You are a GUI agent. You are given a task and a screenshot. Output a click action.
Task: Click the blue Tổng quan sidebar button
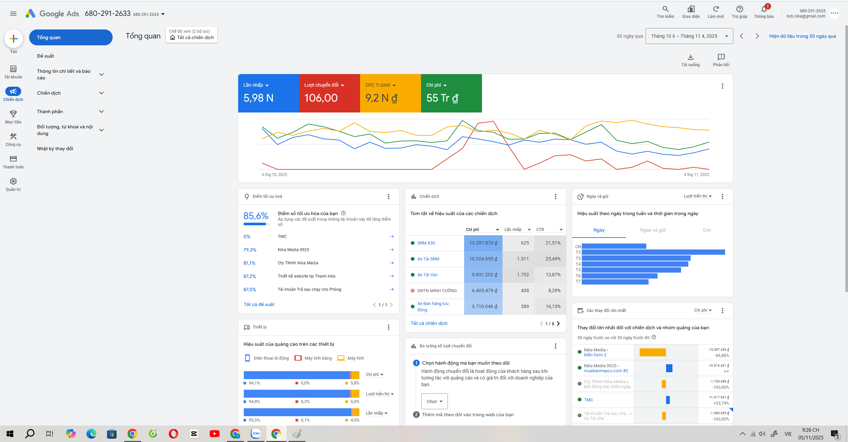71,37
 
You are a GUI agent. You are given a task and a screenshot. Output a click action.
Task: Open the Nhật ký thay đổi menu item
55,149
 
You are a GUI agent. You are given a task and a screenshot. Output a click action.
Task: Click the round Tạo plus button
13,39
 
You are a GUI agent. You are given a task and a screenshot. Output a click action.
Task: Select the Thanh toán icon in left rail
13,159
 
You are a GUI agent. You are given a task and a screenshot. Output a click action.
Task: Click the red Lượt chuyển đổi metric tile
329,93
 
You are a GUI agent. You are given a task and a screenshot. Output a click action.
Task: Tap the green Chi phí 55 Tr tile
451,93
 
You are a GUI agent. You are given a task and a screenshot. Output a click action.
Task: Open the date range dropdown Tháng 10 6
689,36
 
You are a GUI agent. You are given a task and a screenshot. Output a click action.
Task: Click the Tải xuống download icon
691,57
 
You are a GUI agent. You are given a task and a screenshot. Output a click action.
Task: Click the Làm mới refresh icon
715,9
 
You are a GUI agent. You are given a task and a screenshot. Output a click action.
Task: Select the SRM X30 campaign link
426,243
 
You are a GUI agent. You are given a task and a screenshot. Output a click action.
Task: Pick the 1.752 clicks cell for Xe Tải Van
523,275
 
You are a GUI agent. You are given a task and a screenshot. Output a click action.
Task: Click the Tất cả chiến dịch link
429,323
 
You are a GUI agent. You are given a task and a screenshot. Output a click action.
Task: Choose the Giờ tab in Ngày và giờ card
707,230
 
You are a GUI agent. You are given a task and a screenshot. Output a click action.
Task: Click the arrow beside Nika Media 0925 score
392,249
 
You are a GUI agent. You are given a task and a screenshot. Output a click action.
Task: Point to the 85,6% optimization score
256,216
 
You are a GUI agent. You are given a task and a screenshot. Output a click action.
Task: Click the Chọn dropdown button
434,401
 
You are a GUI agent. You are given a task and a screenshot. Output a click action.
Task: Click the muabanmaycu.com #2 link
606,371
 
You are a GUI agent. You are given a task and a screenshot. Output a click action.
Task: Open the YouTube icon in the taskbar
214,433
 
